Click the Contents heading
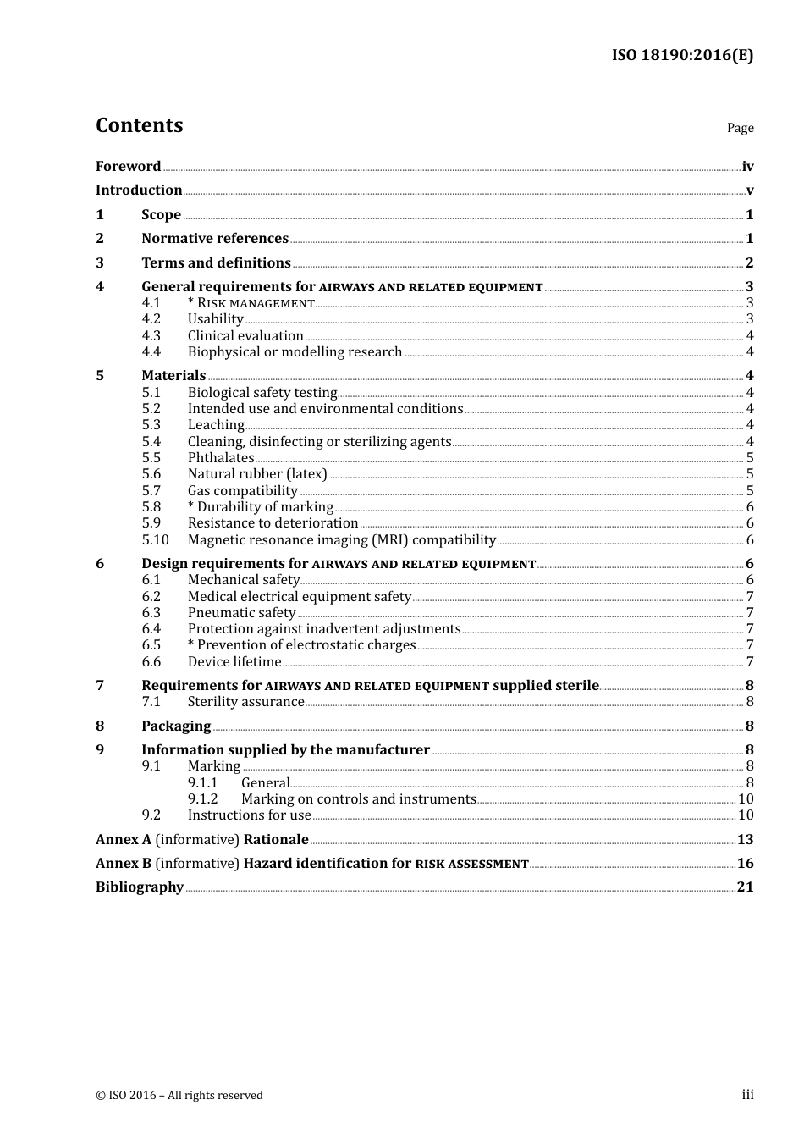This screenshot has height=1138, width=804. point(139,125)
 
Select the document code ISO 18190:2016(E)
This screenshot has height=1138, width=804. point(682,55)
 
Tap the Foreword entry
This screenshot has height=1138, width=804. point(128,167)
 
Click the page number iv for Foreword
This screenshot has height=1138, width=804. point(747,167)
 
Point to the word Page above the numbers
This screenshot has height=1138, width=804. point(740,128)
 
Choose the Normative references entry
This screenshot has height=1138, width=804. point(215,239)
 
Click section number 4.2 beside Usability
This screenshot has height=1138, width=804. point(151,319)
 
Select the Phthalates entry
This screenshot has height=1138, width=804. point(221,458)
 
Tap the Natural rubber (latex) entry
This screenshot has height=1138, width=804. point(257,474)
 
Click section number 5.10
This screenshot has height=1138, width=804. point(155,540)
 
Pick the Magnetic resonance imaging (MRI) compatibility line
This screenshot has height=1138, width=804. point(341,540)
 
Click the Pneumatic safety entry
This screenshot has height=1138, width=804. point(241,613)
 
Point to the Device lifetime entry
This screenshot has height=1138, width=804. point(234,662)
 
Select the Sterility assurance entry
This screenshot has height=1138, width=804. point(245,702)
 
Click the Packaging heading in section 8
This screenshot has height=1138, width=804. point(176,726)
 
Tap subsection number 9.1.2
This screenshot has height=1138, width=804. point(202,799)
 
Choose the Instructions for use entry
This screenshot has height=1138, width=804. point(249,815)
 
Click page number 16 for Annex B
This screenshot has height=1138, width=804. point(745,864)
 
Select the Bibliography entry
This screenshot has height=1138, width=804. point(140,887)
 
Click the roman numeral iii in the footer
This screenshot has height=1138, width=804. point(747,1095)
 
